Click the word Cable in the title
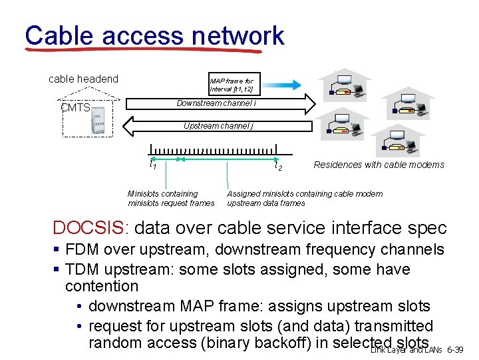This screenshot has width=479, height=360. click(59, 35)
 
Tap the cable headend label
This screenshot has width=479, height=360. click(83, 79)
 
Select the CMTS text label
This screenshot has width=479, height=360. click(75, 108)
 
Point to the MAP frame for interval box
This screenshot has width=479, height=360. click(231, 85)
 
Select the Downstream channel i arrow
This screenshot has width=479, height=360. click(217, 103)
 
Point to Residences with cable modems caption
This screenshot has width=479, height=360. click(379, 165)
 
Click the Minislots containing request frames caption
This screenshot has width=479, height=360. click(171, 198)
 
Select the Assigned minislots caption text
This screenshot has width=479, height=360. click(305, 198)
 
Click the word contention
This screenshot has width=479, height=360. click(102, 287)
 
